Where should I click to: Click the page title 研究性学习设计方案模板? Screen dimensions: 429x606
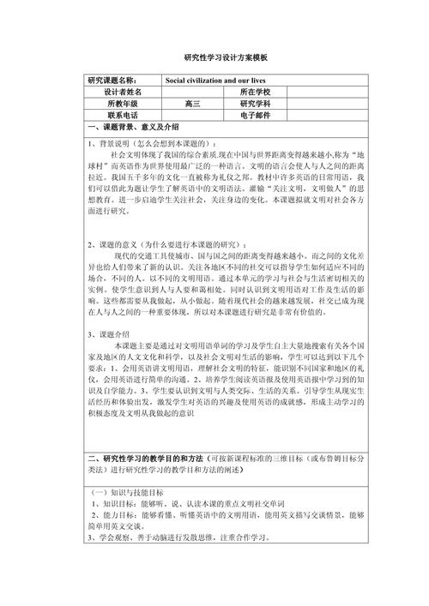[214, 57]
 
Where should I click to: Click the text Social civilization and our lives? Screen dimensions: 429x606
[215, 79]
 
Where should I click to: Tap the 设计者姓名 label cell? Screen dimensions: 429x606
[124, 91]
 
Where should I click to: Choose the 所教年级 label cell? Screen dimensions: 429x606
[124, 103]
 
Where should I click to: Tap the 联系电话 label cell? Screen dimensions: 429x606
[124, 115]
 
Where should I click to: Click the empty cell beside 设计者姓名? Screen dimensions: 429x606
[191, 91]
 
